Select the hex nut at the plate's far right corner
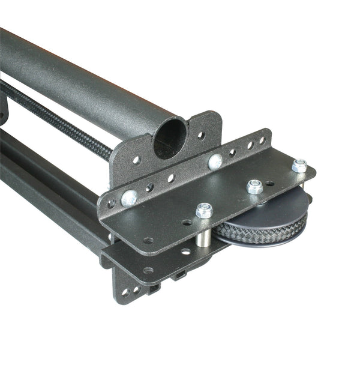[x=299, y=165]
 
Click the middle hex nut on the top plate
[x=254, y=187]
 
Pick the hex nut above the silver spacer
[x=204, y=210]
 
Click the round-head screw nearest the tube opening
[x=215, y=161]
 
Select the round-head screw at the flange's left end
[x=128, y=198]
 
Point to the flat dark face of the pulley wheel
[x=273, y=210]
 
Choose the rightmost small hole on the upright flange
[x=262, y=140]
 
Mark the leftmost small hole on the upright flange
[x=111, y=204]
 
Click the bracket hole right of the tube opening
[x=202, y=136]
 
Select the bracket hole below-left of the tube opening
[x=137, y=160]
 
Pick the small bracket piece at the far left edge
[x=4, y=111]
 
